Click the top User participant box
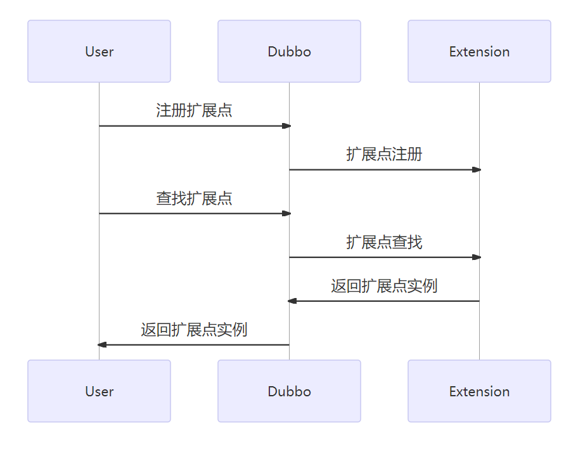pyautogui.click(x=99, y=51)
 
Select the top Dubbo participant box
pyautogui.click(x=289, y=51)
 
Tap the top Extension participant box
pyautogui.click(x=479, y=51)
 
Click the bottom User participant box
pyautogui.click(x=99, y=391)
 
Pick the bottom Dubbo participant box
pyautogui.click(x=289, y=391)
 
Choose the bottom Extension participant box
pyautogui.click(x=479, y=391)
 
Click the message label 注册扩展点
pyautogui.click(x=194, y=110)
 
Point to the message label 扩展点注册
pyautogui.click(x=384, y=154)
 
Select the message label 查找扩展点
pyautogui.click(x=194, y=198)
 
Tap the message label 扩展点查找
pyautogui.click(x=384, y=242)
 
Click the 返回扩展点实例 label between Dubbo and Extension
pyautogui.click(x=384, y=286)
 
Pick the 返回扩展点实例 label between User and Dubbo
pyautogui.click(x=194, y=330)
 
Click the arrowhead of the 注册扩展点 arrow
pyautogui.click(x=286, y=126)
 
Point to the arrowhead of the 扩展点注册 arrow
pyautogui.click(x=477, y=169)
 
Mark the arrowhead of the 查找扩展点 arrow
pyautogui.click(x=286, y=213)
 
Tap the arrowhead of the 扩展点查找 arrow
pyautogui.click(x=477, y=257)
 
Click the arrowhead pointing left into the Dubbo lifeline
pyautogui.click(x=292, y=301)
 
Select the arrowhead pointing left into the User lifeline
pyautogui.click(x=102, y=344)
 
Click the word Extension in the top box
pyautogui.click(x=479, y=52)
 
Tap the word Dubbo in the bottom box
pyautogui.click(x=289, y=392)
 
